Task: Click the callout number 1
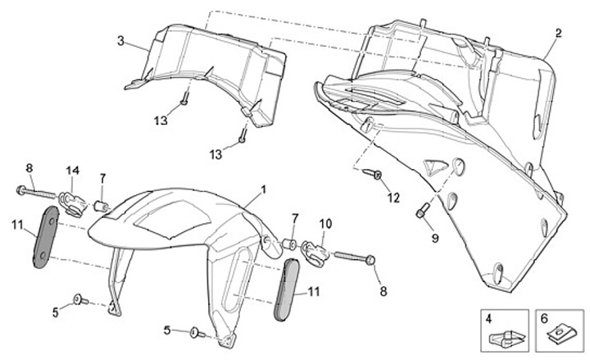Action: [x=264, y=189]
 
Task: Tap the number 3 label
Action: [x=120, y=40]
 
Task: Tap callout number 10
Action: [x=324, y=223]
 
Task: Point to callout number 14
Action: [x=73, y=170]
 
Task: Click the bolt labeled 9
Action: [x=421, y=212]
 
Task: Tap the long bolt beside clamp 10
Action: [x=354, y=256]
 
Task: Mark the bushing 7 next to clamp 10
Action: [x=290, y=244]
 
